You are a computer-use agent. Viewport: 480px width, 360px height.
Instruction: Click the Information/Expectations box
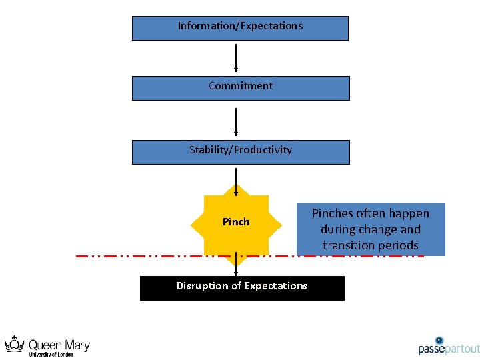pyautogui.click(x=240, y=28)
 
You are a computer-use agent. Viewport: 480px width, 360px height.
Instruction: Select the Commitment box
pyautogui.click(x=240, y=88)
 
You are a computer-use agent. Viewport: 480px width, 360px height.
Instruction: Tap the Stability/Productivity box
pyautogui.click(x=240, y=152)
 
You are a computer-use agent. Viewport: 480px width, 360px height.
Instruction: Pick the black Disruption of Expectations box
pyautogui.click(x=241, y=288)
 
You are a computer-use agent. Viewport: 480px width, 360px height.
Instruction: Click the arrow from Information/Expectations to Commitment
pyautogui.click(x=236, y=58)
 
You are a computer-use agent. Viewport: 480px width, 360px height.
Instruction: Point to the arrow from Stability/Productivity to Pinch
pyautogui.click(x=236, y=179)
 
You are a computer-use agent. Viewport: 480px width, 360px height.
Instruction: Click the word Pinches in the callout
pyautogui.click(x=335, y=213)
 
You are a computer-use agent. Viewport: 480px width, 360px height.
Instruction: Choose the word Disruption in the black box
pyautogui.click(x=200, y=286)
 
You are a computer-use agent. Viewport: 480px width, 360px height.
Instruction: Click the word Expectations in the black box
pyautogui.click(x=275, y=286)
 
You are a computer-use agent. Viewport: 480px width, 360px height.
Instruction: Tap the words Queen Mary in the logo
pyautogui.click(x=59, y=345)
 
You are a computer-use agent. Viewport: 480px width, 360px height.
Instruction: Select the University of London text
pyautogui.click(x=51, y=355)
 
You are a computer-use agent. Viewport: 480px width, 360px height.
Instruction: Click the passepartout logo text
pyautogui.click(x=449, y=349)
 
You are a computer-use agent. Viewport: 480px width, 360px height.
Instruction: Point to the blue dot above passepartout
pyautogui.click(x=439, y=340)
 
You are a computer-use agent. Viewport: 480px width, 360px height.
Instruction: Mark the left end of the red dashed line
pyautogui.click(x=77, y=255)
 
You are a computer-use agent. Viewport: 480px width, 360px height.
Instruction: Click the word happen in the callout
pyautogui.click(x=408, y=213)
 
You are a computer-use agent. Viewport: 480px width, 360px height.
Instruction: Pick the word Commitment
pyautogui.click(x=240, y=86)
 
